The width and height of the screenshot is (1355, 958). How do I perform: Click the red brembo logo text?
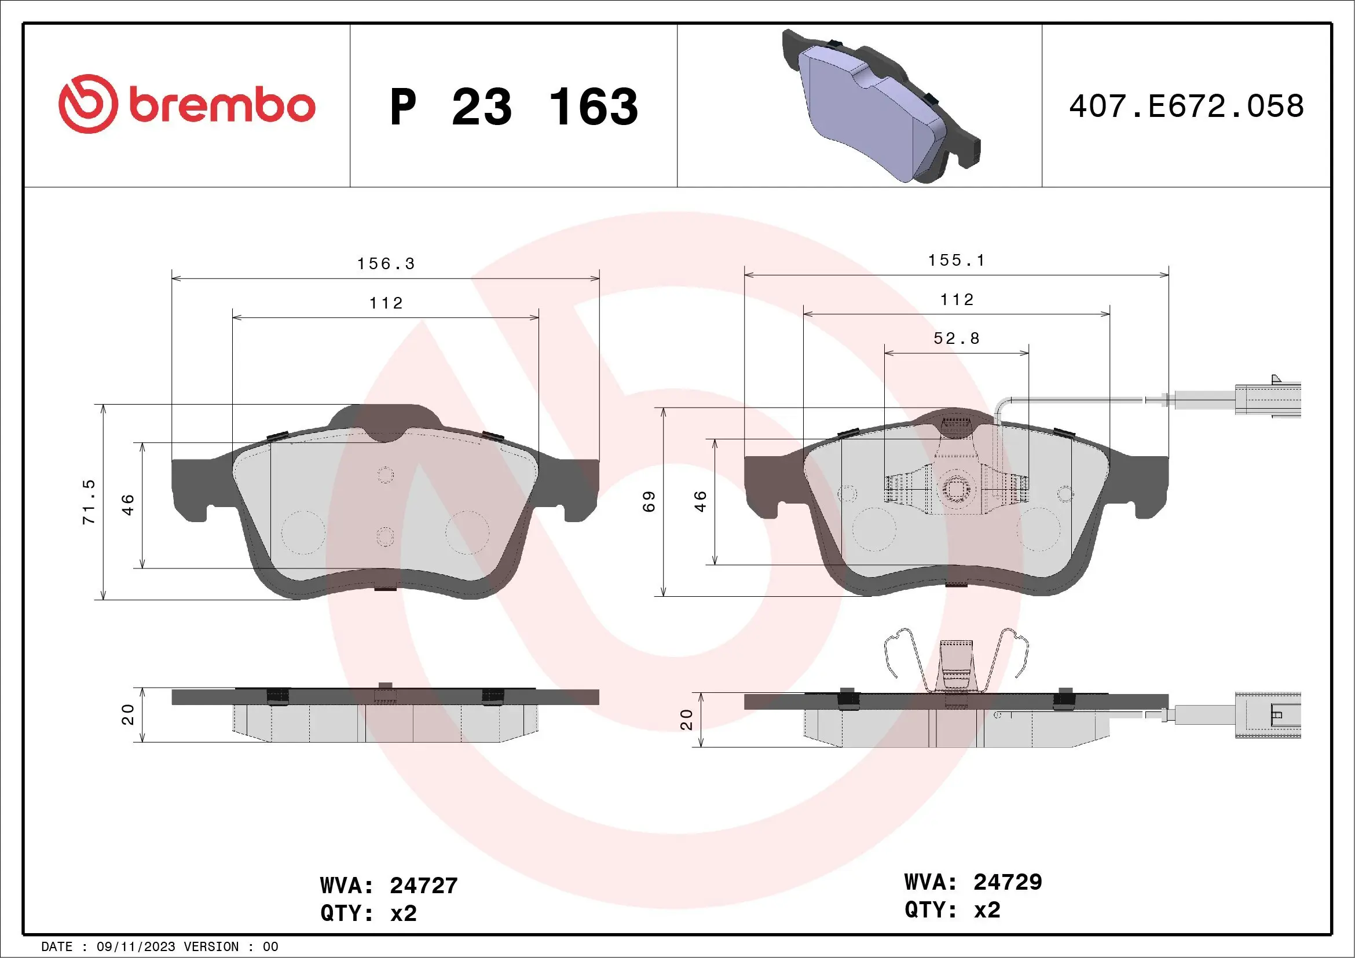pos(221,106)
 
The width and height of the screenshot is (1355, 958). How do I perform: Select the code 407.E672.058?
pos(1186,106)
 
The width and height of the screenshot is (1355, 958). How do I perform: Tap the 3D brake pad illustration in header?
pos(880,106)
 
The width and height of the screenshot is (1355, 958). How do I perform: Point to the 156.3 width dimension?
pos(386,264)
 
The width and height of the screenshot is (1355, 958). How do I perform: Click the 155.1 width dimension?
pos(957,260)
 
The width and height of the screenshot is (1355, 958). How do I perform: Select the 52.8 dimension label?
pos(957,339)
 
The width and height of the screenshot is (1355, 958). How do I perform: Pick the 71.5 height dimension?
pos(89,502)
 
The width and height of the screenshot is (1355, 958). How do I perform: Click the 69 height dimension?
pos(649,501)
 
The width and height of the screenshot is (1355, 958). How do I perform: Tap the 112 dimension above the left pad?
pos(386,303)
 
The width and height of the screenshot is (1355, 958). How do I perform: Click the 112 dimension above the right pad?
pos(957,300)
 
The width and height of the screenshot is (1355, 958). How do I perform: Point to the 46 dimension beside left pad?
pos(128,505)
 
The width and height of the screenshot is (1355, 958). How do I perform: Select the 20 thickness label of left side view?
pos(128,714)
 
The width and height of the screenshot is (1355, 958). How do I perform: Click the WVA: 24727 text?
pos(389,886)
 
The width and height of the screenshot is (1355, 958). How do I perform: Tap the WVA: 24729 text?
pos(973,882)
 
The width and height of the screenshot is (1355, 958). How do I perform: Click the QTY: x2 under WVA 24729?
pos(952,909)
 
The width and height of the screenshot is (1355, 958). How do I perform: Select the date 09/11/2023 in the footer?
pos(135,947)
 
